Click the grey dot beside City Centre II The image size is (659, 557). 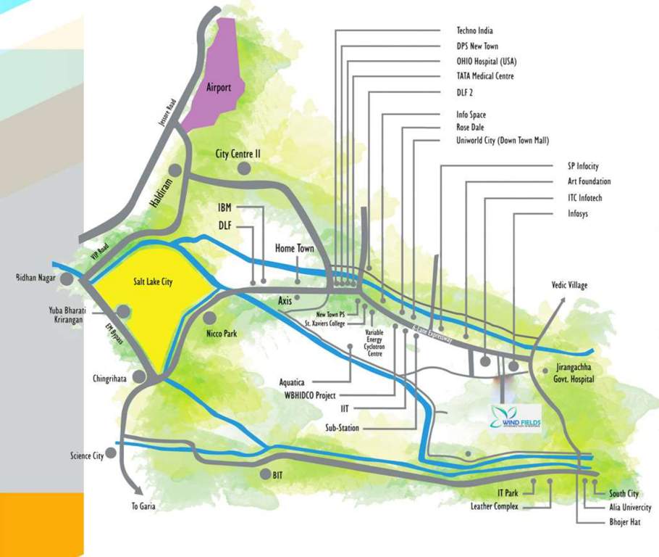point(244,168)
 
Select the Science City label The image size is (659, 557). point(87,455)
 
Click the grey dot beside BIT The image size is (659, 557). point(265,474)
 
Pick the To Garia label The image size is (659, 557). point(143,506)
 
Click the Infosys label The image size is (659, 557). point(583,213)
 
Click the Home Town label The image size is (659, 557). point(295,249)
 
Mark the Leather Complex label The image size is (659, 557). point(495,506)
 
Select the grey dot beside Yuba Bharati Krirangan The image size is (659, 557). point(124,312)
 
